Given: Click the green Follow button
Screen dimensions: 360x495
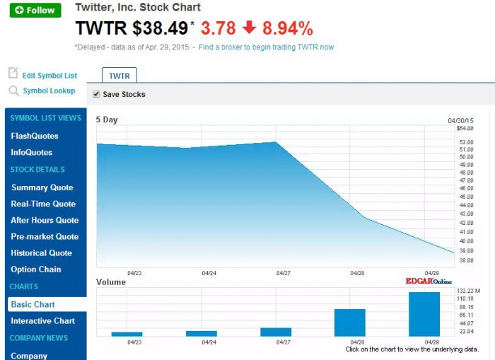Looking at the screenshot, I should tap(35, 10).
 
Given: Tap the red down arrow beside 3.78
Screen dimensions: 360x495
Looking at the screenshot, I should tap(249, 28).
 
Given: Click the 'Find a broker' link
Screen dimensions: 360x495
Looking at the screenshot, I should tap(266, 47).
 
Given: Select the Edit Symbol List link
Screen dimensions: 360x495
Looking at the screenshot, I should tap(49, 76).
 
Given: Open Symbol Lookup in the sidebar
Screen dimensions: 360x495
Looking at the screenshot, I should tap(49, 91).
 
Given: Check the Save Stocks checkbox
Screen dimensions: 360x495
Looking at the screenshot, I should tap(96, 94).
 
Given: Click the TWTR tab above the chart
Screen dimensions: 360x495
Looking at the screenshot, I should tap(119, 76).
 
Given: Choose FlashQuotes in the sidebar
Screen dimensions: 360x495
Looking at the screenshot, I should tap(35, 136).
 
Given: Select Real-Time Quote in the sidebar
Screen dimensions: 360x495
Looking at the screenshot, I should tap(44, 204).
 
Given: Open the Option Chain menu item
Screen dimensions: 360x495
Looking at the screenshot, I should tap(36, 269).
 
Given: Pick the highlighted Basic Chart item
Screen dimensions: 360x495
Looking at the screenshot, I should tap(33, 304).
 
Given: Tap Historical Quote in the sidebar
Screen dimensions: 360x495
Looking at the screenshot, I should tap(41, 253).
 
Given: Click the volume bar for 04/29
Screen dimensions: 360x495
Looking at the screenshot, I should tap(424, 314).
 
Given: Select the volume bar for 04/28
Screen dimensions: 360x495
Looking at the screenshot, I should tap(349, 323).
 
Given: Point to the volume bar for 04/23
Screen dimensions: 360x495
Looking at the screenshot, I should tap(127, 334).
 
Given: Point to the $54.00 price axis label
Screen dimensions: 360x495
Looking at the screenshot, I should tap(465, 129).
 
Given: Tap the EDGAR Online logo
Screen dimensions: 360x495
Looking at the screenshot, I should tap(429, 281).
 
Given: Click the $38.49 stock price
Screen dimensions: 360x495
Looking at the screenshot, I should tap(160, 28).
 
